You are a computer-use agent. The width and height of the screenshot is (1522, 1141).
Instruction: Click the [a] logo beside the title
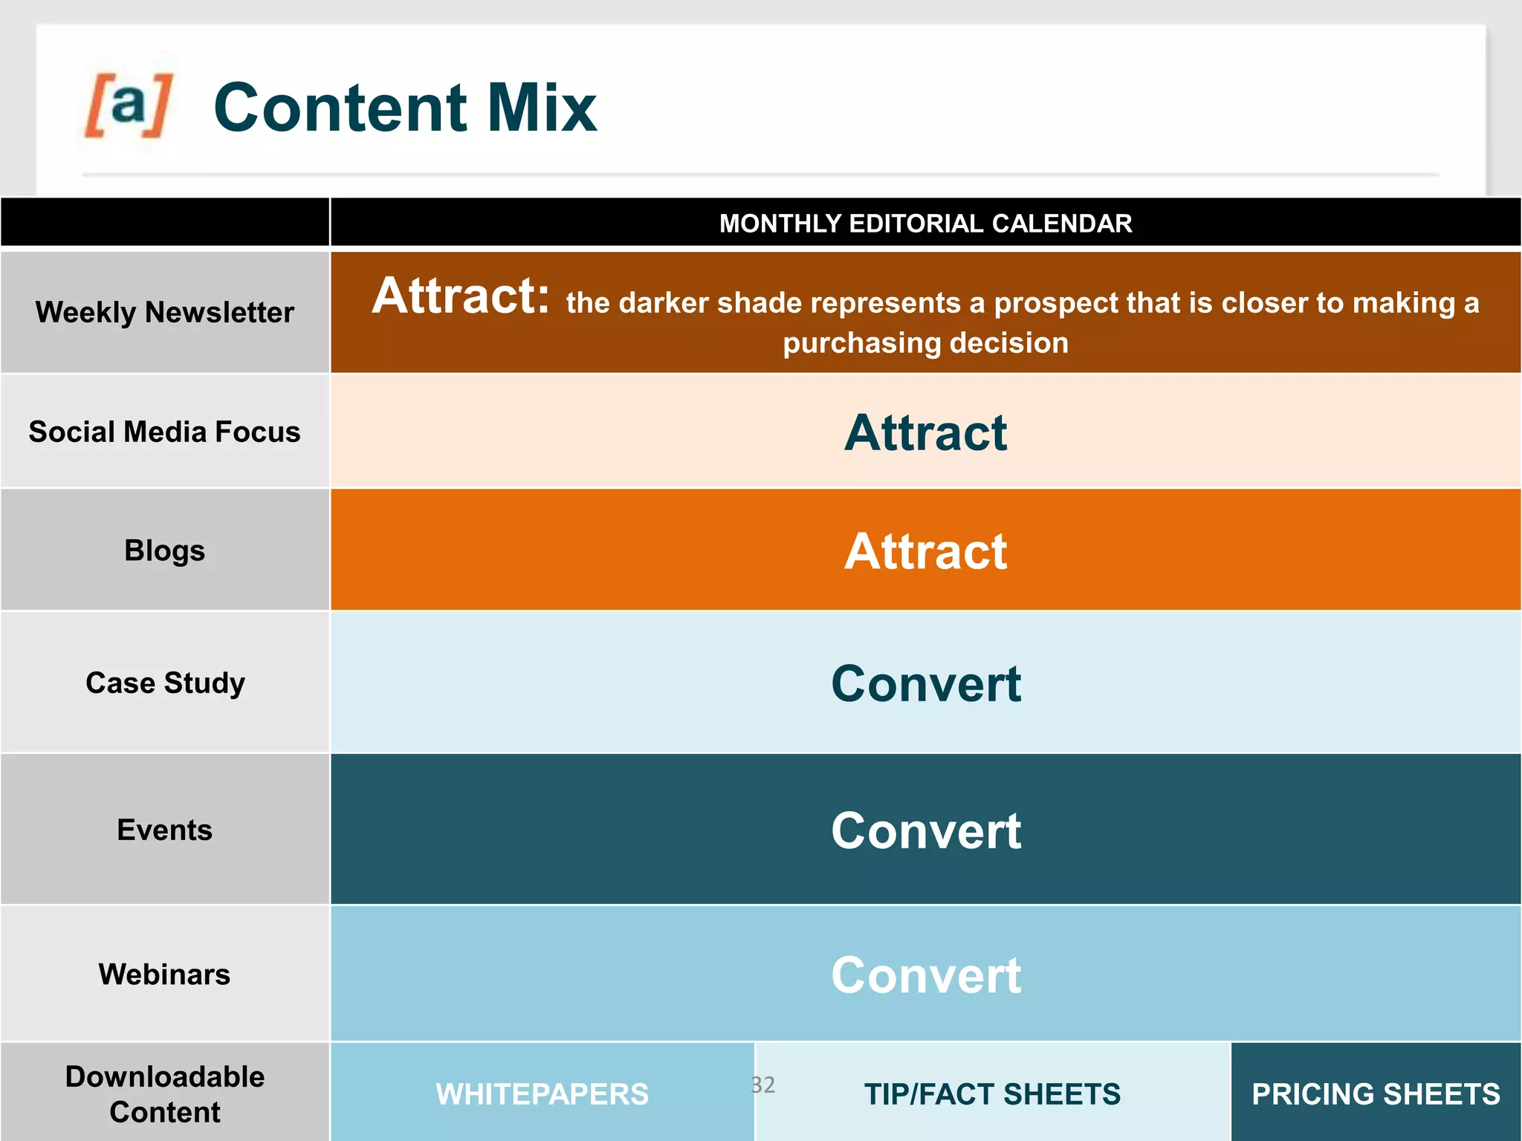(x=129, y=105)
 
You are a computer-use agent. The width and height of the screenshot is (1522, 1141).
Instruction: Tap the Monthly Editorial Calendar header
(x=925, y=224)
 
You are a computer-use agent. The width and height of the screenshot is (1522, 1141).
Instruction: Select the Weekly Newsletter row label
(x=165, y=312)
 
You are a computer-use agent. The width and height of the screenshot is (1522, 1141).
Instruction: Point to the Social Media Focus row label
(x=165, y=432)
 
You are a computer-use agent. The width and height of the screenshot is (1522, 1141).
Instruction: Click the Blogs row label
(x=165, y=550)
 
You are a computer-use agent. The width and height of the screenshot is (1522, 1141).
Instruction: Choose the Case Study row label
(x=165, y=683)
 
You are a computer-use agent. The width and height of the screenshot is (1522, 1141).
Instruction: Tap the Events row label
(x=165, y=830)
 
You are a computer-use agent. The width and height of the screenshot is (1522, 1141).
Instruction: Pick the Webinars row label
(x=165, y=974)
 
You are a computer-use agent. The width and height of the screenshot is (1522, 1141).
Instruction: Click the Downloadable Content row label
(x=165, y=1094)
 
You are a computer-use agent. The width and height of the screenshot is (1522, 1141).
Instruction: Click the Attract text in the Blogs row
(x=925, y=551)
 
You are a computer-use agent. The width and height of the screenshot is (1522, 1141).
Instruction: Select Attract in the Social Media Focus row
(x=925, y=432)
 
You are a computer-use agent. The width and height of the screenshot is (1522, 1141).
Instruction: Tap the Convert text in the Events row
(x=925, y=830)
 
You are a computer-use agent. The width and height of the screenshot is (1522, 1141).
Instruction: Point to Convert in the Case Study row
(x=925, y=683)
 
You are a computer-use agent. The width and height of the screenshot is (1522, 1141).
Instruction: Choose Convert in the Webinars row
(x=925, y=975)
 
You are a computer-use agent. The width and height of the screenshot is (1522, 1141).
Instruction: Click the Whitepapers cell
(x=542, y=1094)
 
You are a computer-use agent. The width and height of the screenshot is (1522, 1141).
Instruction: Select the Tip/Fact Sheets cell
(x=992, y=1094)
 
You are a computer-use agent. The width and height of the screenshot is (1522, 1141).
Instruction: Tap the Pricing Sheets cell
(x=1376, y=1094)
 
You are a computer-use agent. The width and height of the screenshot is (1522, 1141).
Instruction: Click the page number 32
(x=762, y=1085)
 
